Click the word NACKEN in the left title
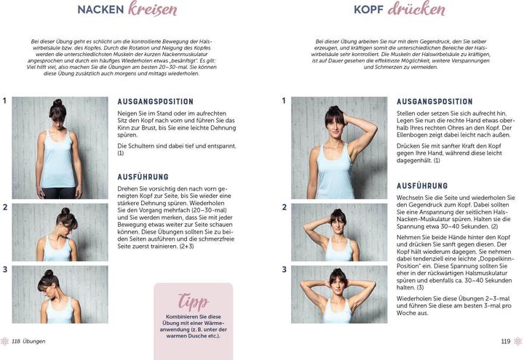pyautogui.click(x=100, y=10)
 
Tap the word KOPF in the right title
pyautogui.click(x=369, y=10)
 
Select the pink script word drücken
pyautogui.click(x=416, y=9)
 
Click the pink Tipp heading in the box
pyautogui.click(x=194, y=301)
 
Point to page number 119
pyautogui.click(x=506, y=341)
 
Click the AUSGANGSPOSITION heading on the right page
pyautogui.click(x=434, y=102)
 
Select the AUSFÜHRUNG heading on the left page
pyautogui.click(x=143, y=177)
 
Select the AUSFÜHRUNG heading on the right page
pyautogui.click(x=422, y=186)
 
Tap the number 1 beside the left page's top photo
pyautogui.click(x=5, y=101)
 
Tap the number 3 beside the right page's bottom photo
pyautogui.click(x=284, y=269)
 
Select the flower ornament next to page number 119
pyautogui.click(x=517, y=341)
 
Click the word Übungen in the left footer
pyautogui.click(x=34, y=341)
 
